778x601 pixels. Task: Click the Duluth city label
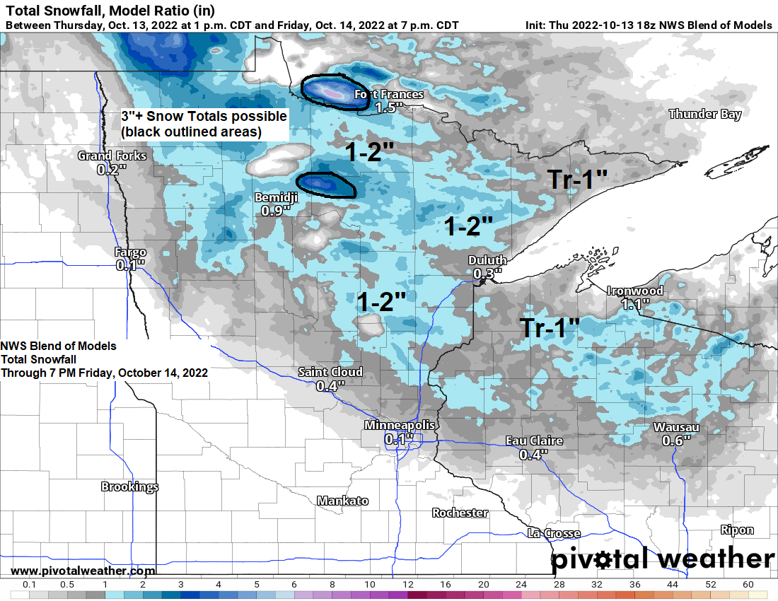(x=487, y=261)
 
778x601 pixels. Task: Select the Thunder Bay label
(x=704, y=114)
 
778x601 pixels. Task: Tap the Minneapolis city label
(x=400, y=425)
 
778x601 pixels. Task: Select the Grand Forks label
(x=112, y=156)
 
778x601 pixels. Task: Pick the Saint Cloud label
(x=330, y=372)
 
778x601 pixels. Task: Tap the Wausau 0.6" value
(x=676, y=440)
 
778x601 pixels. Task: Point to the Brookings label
(x=129, y=486)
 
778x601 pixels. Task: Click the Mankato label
(x=342, y=501)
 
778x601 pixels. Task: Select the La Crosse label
(x=554, y=533)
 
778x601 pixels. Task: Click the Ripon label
(x=737, y=530)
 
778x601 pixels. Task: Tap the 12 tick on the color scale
(x=408, y=585)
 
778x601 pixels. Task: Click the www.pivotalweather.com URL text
(x=83, y=571)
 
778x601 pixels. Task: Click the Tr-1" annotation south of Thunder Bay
(x=579, y=180)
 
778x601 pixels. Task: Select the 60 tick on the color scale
(x=748, y=585)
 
